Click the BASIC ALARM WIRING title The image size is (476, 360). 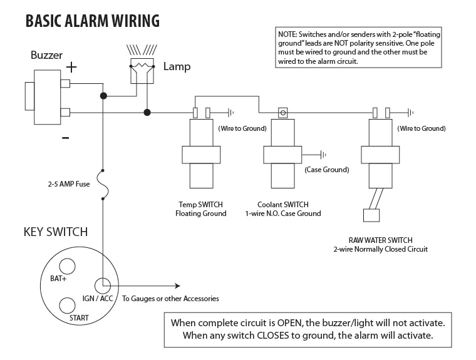click(x=92, y=21)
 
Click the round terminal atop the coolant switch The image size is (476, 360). click(x=283, y=113)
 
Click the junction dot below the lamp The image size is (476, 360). click(x=147, y=113)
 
